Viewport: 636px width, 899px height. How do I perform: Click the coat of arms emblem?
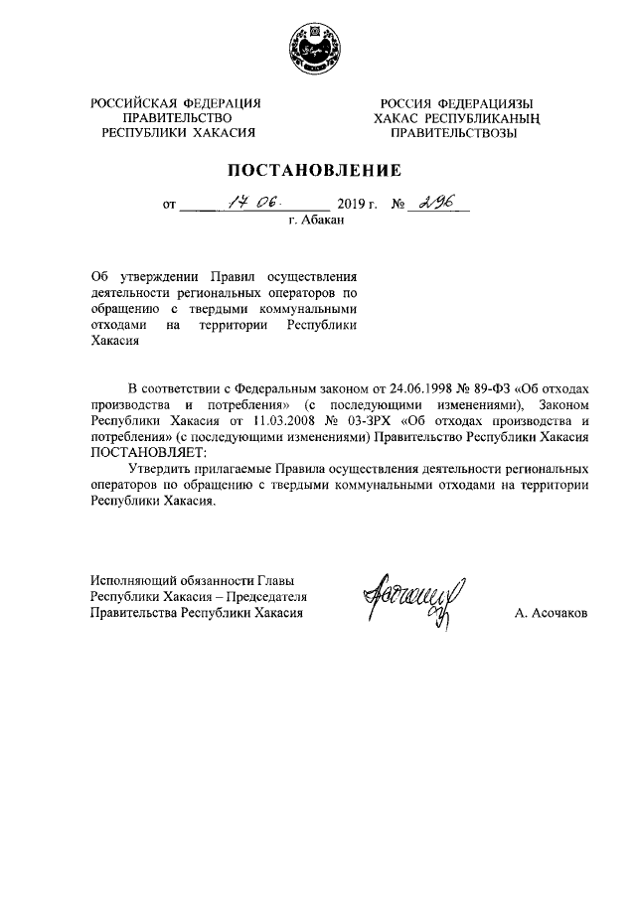[x=316, y=47]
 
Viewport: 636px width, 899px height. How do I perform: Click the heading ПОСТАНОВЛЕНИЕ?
[x=317, y=170]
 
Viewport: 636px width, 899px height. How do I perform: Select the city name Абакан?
[x=325, y=221]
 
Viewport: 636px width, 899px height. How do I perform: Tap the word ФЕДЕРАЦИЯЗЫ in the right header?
[x=487, y=103]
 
